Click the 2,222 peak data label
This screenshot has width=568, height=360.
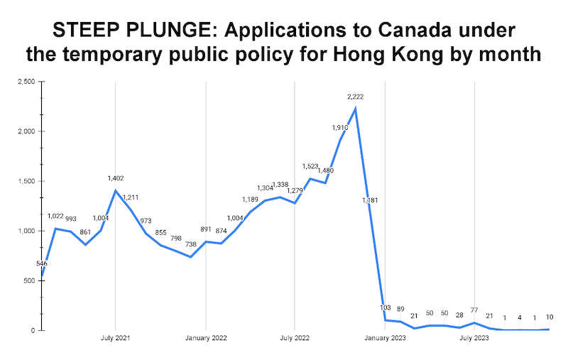click(x=356, y=96)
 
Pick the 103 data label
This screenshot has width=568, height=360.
click(x=386, y=308)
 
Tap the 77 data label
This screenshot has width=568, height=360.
click(x=474, y=310)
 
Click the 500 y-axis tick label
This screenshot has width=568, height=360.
click(x=28, y=280)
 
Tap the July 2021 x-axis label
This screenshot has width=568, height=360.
click(x=115, y=339)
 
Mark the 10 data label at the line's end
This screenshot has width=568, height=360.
click(x=550, y=317)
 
